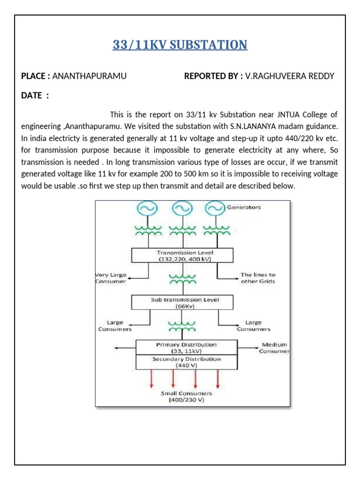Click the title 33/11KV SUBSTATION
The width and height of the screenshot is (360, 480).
tap(180, 45)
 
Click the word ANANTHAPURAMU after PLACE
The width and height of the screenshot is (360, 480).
tap(90, 76)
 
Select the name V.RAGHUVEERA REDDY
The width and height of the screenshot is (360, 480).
tap(290, 76)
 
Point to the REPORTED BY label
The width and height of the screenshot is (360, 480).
tap(213, 76)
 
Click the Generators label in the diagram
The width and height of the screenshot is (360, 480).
tap(244, 207)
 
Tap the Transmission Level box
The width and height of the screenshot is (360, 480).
tap(183, 255)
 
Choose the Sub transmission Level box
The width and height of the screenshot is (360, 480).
tap(183, 302)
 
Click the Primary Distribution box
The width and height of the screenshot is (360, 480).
tap(186, 347)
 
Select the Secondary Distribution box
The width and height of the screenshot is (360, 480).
tap(186, 362)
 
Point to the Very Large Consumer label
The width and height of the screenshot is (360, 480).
tap(111, 278)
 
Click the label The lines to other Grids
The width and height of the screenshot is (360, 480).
tap(258, 278)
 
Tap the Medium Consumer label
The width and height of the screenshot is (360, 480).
tap(275, 348)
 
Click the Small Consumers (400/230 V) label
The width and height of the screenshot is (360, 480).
tap(187, 397)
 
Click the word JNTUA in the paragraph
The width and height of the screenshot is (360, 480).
tap(277, 114)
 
